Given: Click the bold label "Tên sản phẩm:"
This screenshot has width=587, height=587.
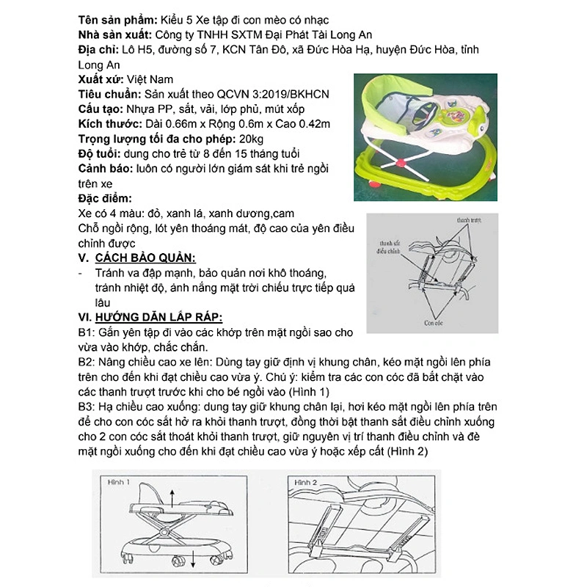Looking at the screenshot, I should click(116, 20).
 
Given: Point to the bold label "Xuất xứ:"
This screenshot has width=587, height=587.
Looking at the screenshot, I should click(101, 79).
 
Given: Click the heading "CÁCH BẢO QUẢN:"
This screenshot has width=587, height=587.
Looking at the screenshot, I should click(145, 258).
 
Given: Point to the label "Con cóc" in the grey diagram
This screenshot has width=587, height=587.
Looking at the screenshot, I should click(433, 321).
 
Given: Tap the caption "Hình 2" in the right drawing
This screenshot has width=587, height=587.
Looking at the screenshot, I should click(305, 482).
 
